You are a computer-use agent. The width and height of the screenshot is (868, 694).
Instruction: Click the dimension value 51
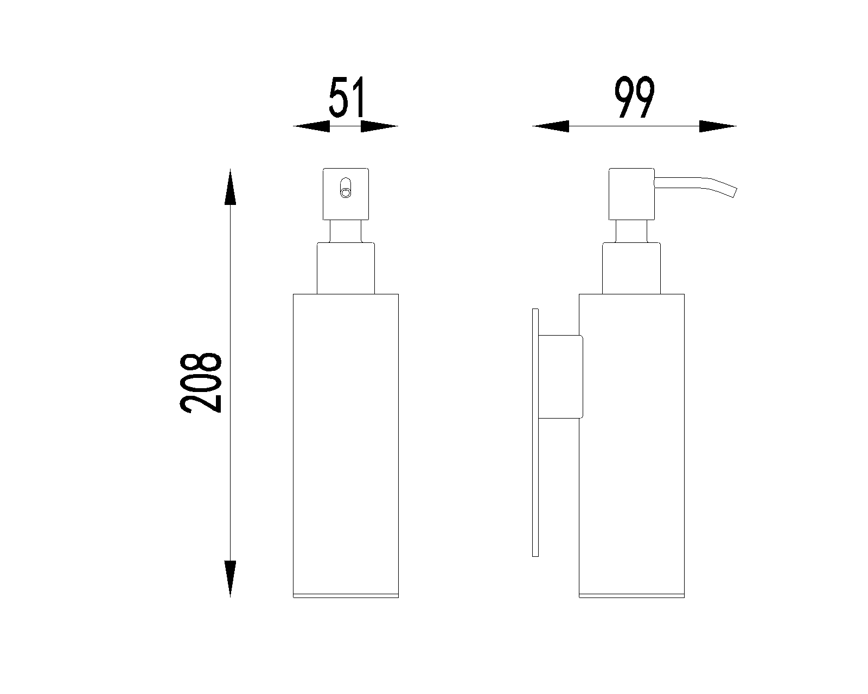347,97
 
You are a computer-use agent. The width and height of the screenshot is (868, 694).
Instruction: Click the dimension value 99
635,97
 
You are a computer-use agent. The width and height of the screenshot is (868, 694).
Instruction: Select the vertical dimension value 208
201,383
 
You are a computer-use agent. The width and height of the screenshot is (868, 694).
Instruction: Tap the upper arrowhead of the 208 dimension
231,187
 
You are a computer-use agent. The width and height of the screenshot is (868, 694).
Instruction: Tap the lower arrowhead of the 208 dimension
231,579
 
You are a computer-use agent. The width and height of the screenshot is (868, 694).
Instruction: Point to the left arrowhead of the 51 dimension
311,126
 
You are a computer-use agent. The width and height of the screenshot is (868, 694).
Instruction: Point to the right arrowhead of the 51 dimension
379,126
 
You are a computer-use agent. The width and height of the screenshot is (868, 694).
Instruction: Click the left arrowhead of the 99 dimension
551,126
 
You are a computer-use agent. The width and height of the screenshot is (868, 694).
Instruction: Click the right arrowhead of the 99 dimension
718,126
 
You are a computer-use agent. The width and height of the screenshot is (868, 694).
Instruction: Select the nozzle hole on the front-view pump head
346,188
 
